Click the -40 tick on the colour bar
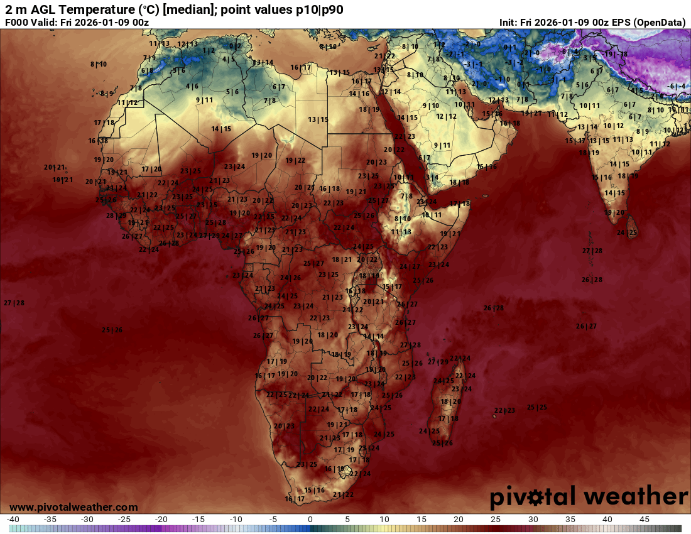[13, 520]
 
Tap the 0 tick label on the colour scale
[310, 520]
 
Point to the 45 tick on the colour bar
[644, 520]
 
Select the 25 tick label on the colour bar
[496, 520]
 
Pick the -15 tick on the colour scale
[199, 520]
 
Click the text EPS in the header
[619, 23]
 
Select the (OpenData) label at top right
[660, 23]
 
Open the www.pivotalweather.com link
[73, 507]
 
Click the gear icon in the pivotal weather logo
[536, 498]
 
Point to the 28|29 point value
[116, 215]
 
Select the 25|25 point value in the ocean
[536, 407]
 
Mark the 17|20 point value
[151, 169]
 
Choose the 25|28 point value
[215, 222]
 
